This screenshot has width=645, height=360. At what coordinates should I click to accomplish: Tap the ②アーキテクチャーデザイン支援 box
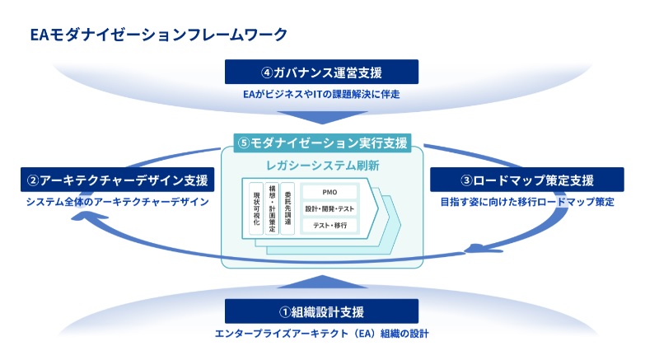[118, 179]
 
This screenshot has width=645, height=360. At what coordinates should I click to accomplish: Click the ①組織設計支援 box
[322, 311]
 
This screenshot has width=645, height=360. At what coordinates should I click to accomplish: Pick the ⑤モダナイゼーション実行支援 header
[322, 143]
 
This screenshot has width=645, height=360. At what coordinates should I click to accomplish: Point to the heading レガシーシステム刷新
[321, 166]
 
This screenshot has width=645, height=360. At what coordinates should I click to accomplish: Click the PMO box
[330, 192]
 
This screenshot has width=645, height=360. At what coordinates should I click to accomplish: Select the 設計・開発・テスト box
[330, 208]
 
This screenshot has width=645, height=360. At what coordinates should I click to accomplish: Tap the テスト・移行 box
[330, 225]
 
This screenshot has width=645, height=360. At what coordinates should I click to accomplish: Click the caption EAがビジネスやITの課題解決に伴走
[322, 94]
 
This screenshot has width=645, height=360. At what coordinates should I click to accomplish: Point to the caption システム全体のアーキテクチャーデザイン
[118, 201]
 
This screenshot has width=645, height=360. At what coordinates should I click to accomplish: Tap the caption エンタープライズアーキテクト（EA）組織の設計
[322, 334]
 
